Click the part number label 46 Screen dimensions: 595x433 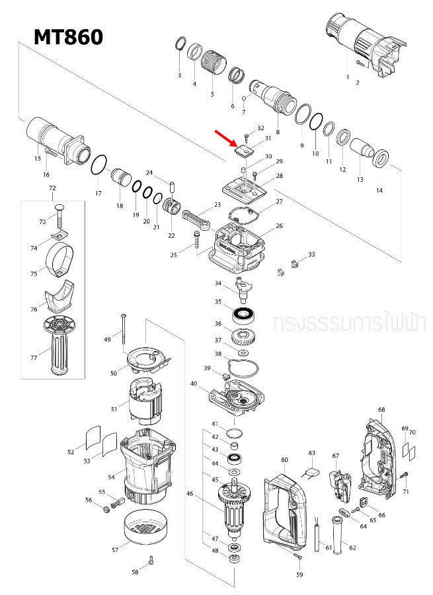point(190,493)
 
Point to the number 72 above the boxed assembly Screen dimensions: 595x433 point(52,189)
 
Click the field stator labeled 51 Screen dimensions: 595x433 point(145,403)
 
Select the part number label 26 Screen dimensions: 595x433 point(279,226)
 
